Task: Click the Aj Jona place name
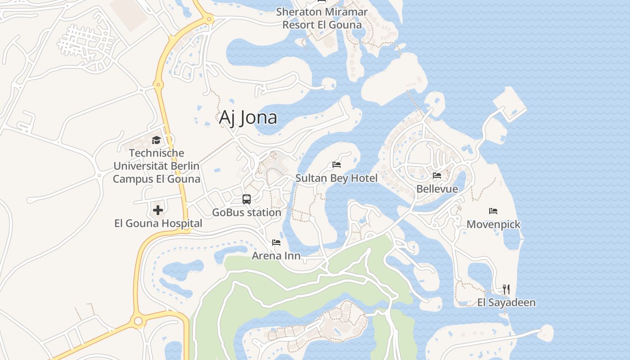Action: coord(248,117)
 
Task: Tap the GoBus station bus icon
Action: coord(247,199)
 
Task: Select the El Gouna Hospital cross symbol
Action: coord(158,210)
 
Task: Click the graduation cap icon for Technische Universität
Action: coord(156,140)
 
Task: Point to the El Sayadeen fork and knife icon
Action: coord(506,289)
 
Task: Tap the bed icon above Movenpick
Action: coord(493,211)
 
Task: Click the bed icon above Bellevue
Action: coord(437,175)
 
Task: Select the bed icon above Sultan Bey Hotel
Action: coord(336,165)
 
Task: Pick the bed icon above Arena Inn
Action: coord(276,243)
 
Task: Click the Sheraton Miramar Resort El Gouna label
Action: coord(322,18)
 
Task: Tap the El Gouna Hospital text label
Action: coord(158,223)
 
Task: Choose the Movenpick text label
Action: coord(493,224)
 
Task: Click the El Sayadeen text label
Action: coord(506,302)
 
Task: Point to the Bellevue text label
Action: coord(437,189)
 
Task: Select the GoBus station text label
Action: coord(247,212)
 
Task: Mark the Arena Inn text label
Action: coord(276,256)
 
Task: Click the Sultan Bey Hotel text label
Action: coord(336,178)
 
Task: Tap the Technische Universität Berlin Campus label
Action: coord(156,166)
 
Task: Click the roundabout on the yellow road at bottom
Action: coord(138,321)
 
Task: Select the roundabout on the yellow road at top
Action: coord(208,19)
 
